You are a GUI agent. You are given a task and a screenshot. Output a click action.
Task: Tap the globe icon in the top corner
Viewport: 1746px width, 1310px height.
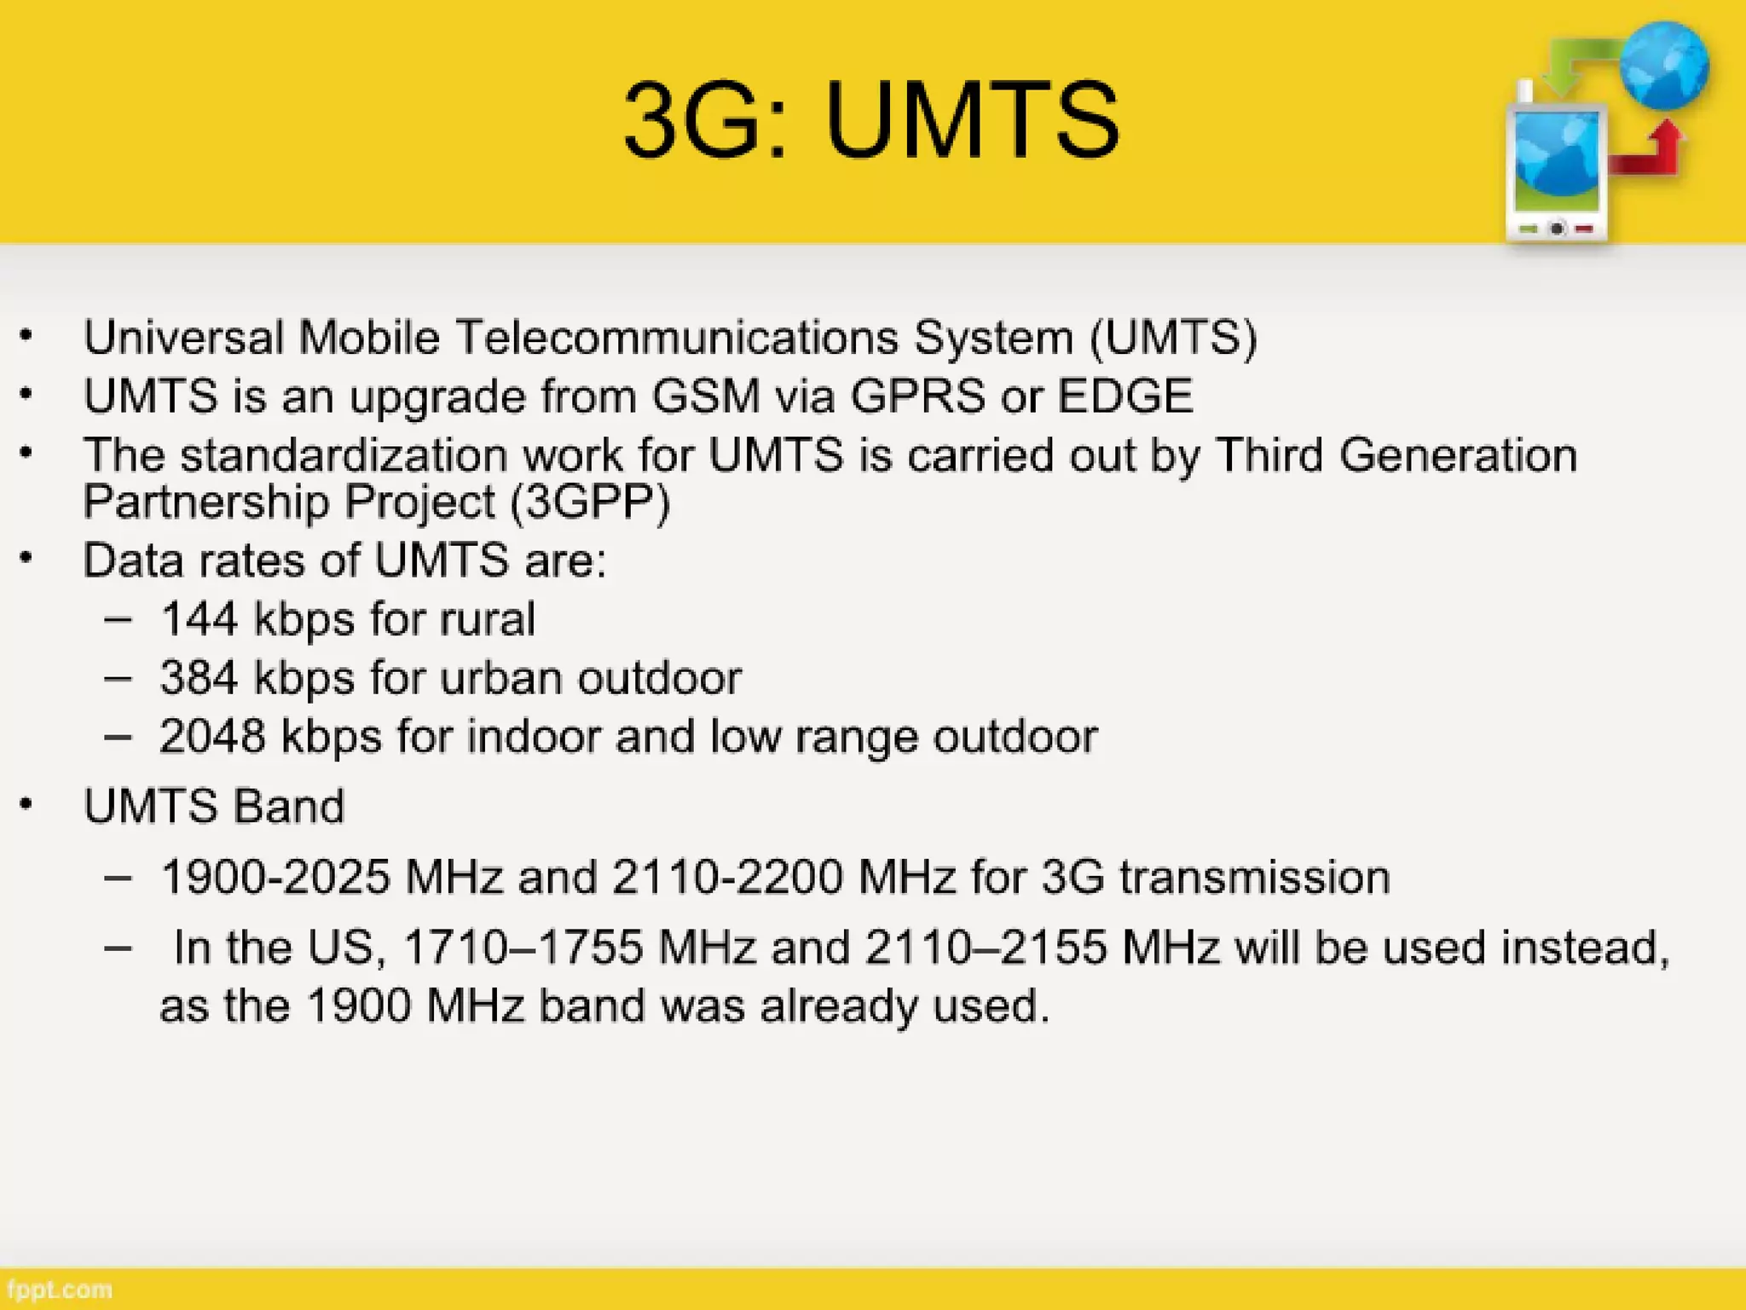(x=1663, y=67)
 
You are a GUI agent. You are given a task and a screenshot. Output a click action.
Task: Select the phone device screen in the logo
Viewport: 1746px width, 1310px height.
(x=1557, y=162)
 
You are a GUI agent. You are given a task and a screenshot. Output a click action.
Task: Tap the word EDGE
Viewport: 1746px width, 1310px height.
(x=1124, y=396)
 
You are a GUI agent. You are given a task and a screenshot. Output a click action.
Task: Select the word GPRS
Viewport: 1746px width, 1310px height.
(x=917, y=396)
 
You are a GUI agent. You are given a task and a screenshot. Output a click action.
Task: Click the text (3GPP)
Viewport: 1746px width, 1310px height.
(x=590, y=501)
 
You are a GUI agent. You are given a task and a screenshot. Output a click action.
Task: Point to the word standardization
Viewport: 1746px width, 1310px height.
(x=344, y=455)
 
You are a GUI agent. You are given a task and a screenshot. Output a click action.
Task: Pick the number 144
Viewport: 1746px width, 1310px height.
(x=199, y=618)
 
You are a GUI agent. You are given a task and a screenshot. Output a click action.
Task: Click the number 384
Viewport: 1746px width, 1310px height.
(x=199, y=678)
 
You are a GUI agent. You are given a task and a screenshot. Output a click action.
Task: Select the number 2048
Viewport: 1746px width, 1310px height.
(x=212, y=736)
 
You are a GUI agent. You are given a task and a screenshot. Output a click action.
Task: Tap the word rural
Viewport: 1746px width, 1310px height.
(x=488, y=618)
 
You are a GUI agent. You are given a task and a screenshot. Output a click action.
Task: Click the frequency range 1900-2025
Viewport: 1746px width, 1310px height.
(x=275, y=877)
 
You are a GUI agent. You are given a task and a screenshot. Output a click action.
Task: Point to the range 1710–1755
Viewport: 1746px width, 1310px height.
(x=523, y=947)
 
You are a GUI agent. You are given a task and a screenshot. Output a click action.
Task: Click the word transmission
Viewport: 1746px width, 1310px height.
(x=1254, y=877)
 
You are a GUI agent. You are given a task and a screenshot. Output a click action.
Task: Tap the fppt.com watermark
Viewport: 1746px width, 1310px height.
(x=58, y=1290)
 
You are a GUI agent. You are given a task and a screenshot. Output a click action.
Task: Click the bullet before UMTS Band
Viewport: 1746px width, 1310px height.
(x=27, y=804)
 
